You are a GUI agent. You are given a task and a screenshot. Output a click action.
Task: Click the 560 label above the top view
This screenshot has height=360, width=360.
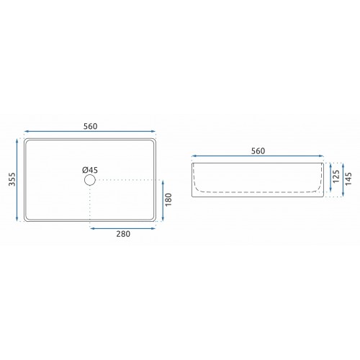pyautogui.click(x=91, y=126)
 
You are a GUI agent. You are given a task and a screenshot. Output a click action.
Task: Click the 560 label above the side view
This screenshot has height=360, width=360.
pyautogui.click(x=258, y=151)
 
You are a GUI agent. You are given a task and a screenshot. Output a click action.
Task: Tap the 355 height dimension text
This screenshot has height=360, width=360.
pyautogui.click(x=12, y=179)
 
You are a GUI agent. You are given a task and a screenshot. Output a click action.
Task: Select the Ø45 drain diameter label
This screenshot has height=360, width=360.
pyautogui.click(x=90, y=170)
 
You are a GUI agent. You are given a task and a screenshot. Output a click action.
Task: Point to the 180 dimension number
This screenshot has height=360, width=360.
pyautogui.click(x=168, y=199)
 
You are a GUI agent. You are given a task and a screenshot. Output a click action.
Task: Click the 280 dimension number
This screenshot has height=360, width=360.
pyautogui.click(x=123, y=234)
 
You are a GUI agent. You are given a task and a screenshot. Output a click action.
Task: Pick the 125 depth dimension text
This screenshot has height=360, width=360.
pyautogui.click(x=336, y=176)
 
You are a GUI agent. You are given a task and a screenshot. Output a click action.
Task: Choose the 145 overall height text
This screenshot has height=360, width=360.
pyautogui.click(x=348, y=179)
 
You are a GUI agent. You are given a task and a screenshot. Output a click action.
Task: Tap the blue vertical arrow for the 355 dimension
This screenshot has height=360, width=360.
pyautogui.click(x=17, y=180)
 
